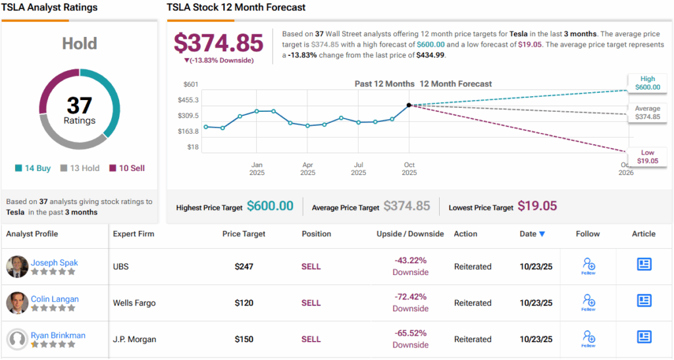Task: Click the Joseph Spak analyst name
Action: [x=54, y=263]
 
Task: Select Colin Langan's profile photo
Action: [x=17, y=303]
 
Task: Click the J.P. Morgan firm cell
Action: [x=134, y=339]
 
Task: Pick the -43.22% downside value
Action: [x=410, y=261]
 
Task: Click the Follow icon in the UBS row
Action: [x=588, y=266]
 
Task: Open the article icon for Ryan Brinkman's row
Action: [x=644, y=337]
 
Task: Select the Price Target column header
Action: [x=244, y=234]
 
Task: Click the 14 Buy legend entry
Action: [x=33, y=168]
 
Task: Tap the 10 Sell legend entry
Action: [x=127, y=168]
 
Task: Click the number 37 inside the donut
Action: [x=79, y=105]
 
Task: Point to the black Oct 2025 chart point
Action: [x=409, y=105]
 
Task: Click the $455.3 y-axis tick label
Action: [x=188, y=100]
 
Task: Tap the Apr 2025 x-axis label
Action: [x=307, y=168]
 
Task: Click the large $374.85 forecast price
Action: [x=219, y=43]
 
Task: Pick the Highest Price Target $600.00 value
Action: [x=270, y=206]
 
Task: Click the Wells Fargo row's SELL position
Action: [x=311, y=303]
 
